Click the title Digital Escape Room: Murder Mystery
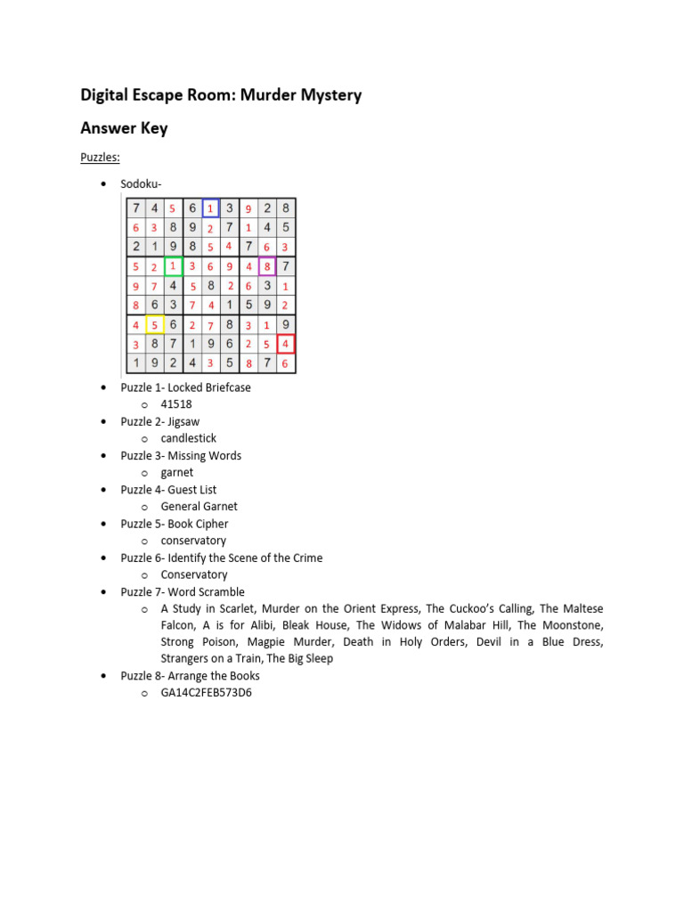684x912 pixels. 221,94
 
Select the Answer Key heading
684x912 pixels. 124,128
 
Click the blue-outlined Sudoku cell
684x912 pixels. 210,208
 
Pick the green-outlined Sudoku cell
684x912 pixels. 173,266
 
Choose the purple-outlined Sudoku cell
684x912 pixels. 267,266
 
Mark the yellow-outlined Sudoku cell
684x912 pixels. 154,324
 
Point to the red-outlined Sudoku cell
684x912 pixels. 285,344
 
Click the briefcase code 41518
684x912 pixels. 176,404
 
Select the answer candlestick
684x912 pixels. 188,438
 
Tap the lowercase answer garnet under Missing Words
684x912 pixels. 176,473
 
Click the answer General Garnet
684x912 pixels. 199,507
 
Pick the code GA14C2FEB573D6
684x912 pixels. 206,692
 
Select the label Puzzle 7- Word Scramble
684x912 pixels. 183,592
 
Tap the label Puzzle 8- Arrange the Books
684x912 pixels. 191,676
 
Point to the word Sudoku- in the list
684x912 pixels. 141,184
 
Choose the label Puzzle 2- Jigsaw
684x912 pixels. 160,421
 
